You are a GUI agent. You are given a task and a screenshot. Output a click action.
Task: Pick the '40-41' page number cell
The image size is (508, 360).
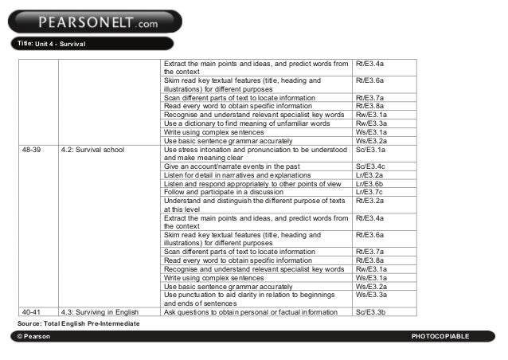[x=33, y=312]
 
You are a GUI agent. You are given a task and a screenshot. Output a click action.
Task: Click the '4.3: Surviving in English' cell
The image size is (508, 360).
[x=100, y=312]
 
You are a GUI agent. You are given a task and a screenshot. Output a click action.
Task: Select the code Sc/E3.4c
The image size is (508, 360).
[x=371, y=166]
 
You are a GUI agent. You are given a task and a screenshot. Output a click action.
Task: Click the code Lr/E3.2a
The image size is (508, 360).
[x=370, y=174]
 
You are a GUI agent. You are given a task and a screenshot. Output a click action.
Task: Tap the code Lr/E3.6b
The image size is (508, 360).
[x=370, y=183]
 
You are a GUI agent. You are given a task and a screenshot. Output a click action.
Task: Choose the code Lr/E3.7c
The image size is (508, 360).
[x=370, y=192]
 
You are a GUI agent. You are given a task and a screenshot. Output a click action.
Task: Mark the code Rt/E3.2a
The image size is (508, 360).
[x=370, y=201]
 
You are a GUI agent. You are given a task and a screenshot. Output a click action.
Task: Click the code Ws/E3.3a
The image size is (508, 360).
[x=371, y=295]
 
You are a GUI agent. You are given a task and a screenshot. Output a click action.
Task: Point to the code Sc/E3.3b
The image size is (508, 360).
[x=371, y=312]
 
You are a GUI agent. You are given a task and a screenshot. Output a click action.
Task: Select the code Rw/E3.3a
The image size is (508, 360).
[x=371, y=123]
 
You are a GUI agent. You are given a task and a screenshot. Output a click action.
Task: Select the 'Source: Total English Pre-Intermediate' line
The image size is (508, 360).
[x=78, y=323]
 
